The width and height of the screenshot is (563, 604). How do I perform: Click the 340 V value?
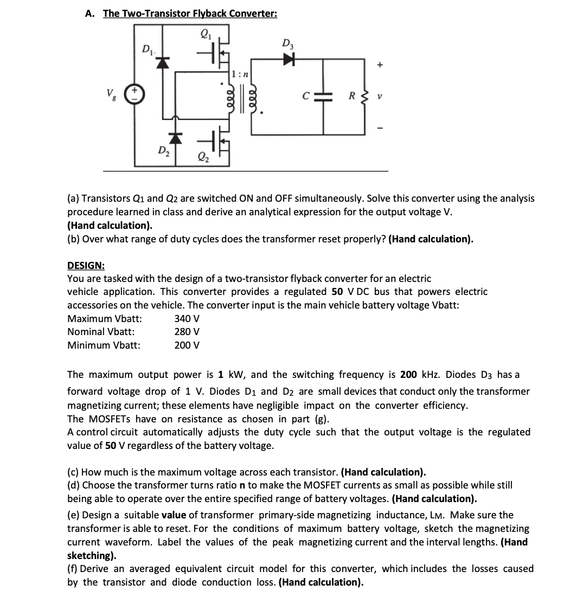[x=187, y=318]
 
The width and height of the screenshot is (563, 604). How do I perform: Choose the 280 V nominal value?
[x=187, y=332]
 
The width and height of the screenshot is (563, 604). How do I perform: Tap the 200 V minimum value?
[x=187, y=345]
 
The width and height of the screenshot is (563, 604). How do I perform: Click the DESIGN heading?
[x=86, y=266]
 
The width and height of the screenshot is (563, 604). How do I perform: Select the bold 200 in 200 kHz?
[x=408, y=375]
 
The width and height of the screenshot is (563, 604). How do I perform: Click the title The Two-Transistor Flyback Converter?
[x=190, y=14]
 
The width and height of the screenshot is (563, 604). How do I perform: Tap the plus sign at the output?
[x=380, y=66]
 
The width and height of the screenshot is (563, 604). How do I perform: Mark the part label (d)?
[x=74, y=485]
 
